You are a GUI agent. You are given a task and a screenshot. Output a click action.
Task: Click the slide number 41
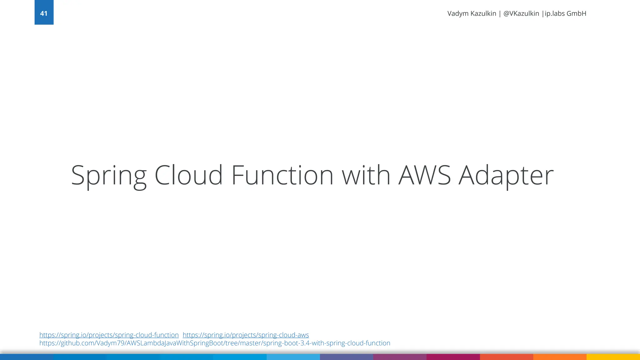44,13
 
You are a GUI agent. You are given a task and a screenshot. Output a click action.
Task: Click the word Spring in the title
109,176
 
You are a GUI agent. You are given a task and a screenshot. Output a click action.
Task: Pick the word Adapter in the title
506,176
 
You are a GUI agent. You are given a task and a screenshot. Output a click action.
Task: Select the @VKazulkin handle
521,14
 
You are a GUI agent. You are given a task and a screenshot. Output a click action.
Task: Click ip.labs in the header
555,14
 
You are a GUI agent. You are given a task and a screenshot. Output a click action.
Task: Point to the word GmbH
577,14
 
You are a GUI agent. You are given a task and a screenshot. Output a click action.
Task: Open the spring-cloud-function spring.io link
109,335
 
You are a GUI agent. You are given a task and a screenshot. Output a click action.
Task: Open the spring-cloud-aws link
246,335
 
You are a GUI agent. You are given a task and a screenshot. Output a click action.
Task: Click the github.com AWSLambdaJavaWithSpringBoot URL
215,343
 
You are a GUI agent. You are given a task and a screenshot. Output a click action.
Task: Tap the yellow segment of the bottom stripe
613,357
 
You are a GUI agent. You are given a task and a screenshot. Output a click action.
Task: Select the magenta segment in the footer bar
453,357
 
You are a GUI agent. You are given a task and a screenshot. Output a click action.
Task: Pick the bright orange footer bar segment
560,357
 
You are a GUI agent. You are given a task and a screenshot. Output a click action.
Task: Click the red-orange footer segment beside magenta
506,357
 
